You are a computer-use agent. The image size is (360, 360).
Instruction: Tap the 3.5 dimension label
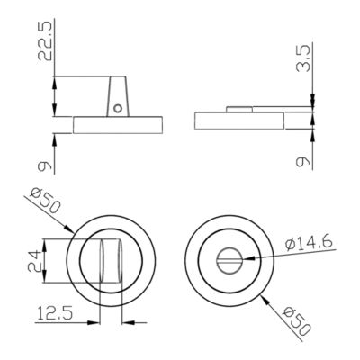tap(302, 58)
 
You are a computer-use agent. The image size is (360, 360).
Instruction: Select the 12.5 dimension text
tap(55, 313)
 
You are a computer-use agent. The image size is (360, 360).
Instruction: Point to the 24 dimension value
tap(34, 261)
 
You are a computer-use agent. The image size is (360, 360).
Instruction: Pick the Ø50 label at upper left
tap(46, 200)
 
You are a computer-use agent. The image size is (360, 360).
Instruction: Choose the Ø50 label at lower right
tap(296, 321)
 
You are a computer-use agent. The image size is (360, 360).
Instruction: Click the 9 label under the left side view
tap(45, 166)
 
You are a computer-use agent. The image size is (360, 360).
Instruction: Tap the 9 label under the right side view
tap(302, 162)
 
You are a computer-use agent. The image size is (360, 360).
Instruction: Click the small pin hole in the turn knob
tap(118, 108)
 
